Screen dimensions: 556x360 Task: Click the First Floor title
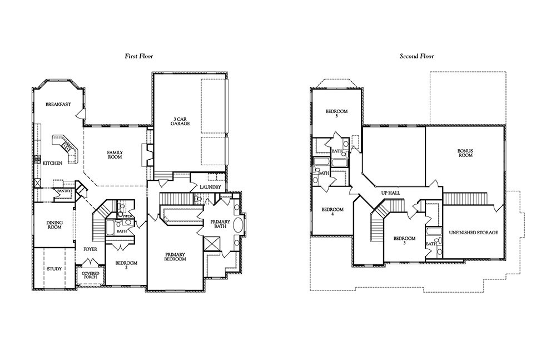[x=138, y=56]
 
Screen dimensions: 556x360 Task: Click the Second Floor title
[x=416, y=56]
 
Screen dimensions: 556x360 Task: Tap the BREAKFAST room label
[x=58, y=105]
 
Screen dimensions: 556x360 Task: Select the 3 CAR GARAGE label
[x=180, y=121]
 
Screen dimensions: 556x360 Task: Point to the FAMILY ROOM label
[x=115, y=155]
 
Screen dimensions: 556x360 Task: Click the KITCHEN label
[x=52, y=164]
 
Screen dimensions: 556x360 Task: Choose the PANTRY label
[x=64, y=191]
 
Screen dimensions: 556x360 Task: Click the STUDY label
[x=54, y=269]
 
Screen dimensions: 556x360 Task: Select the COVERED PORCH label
[x=91, y=275]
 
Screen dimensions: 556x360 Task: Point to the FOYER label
[x=91, y=249]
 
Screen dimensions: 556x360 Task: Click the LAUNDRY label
[x=210, y=187]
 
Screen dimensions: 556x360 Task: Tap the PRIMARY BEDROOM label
[x=175, y=257]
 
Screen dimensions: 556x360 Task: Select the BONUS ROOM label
[x=465, y=153]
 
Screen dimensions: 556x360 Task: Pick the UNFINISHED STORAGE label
[x=473, y=233]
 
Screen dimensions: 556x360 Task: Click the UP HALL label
[x=390, y=193]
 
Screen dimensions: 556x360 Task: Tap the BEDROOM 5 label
[x=336, y=114]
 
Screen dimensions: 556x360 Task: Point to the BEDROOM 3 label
[x=404, y=241]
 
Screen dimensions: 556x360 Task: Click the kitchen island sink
[x=66, y=145]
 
